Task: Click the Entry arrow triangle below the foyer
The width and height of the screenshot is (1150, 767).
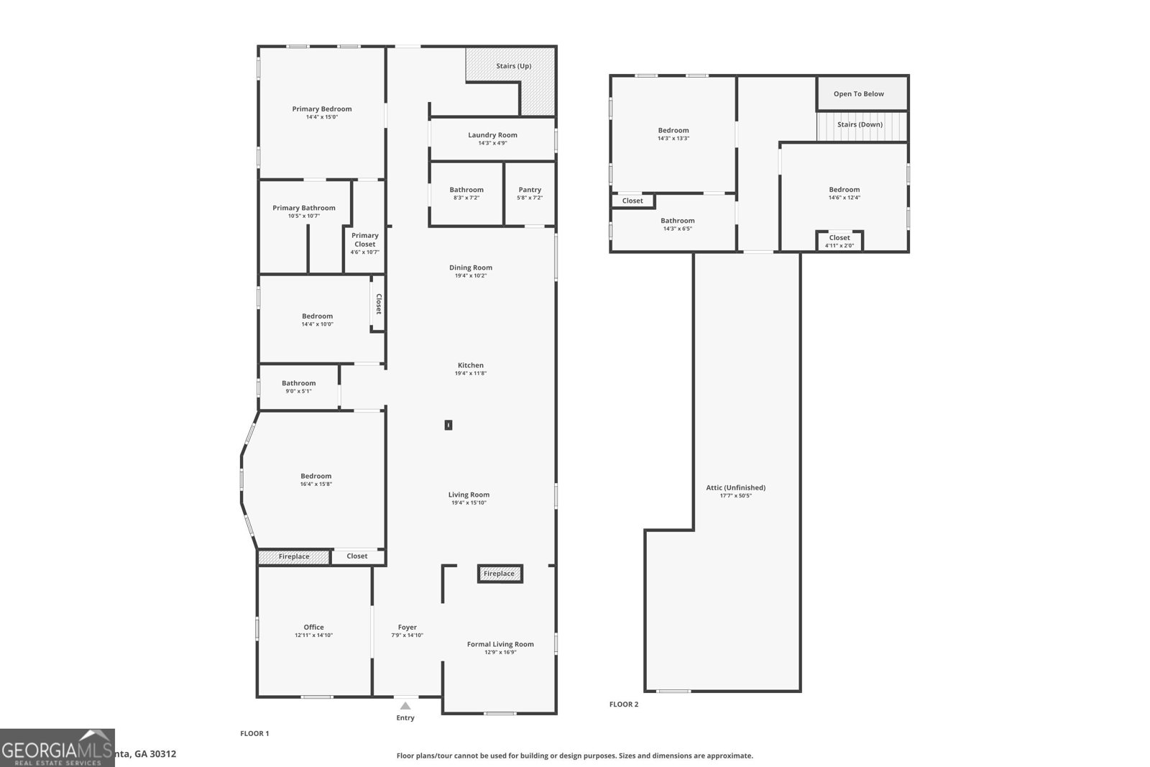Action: (405, 706)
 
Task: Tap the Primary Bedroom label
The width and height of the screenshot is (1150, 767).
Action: (321, 109)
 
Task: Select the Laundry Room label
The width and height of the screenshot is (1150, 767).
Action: (492, 135)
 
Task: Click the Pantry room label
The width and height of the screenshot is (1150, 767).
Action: (529, 190)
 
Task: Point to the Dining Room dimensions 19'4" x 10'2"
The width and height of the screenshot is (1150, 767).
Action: (470, 276)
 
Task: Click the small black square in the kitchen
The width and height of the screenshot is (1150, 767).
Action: (448, 425)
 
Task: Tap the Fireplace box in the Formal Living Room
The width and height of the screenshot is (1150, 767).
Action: (500, 574)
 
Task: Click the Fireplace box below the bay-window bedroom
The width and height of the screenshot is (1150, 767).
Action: (294, 556)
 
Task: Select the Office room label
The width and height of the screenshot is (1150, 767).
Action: (313, 627)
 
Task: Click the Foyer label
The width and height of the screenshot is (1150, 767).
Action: (407, 627)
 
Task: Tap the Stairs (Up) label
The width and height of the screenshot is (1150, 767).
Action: (513, 66)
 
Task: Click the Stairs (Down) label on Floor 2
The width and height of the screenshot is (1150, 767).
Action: (860, 124)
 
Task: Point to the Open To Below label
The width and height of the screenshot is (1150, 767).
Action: (858, 94)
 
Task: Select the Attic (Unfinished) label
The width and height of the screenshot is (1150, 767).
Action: (735, 487)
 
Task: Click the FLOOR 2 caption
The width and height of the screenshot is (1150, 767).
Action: (623, 704)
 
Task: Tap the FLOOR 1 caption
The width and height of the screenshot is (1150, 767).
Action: (254, 733)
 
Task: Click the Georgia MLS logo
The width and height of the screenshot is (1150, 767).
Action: (57, 748)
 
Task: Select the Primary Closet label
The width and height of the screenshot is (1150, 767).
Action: (364, 239)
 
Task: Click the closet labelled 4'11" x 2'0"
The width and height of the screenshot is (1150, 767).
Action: (839, 241)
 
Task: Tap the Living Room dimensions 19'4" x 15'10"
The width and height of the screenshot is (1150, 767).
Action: (469, 503)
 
